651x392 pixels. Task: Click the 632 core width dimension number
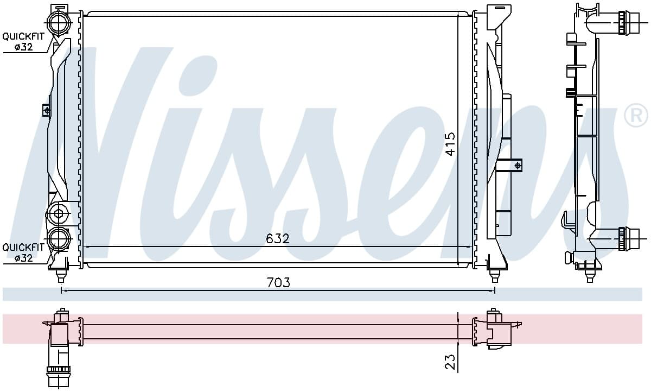point(278,239)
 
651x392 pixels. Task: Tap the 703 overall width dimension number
point(278,282)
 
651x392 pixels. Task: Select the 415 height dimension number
point(450,144)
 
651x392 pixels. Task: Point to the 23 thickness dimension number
point(450,362)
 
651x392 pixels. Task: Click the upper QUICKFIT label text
point(23,36)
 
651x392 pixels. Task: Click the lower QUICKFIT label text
point(23,248)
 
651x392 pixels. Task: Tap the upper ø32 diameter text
point(24,47)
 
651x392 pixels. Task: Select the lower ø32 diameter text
point(24,258)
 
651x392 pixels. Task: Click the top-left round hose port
point(59,23)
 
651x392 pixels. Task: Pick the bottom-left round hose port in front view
point(59,239)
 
